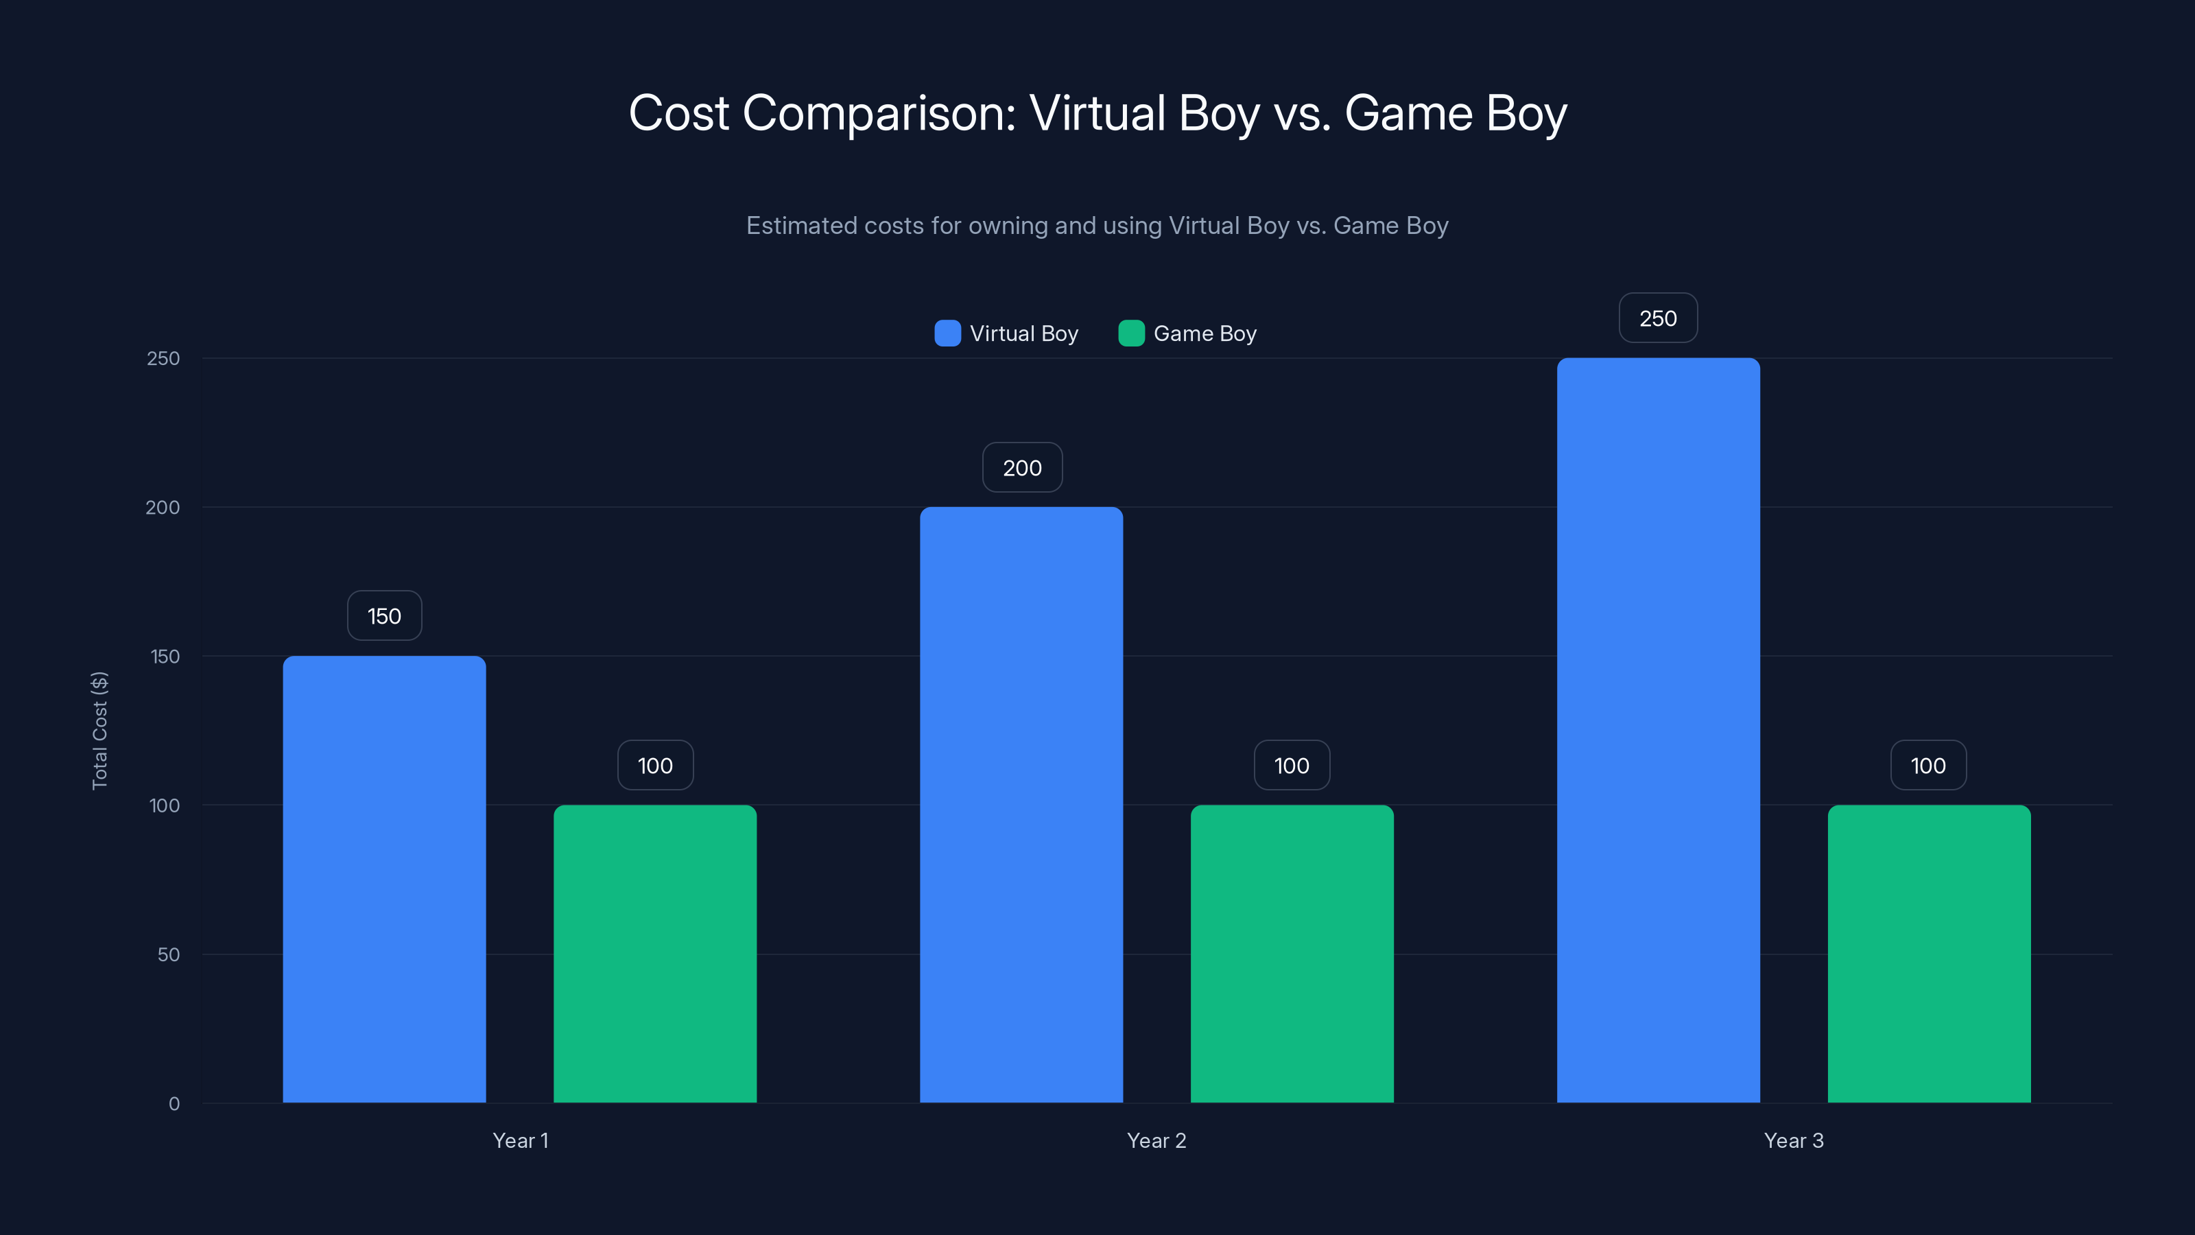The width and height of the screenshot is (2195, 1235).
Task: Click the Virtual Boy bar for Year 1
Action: click(x=384, y=879)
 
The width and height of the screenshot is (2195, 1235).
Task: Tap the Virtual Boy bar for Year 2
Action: click(x=1021, y=805)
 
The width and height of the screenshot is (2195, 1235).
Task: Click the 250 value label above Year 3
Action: click(x=1657, y=318)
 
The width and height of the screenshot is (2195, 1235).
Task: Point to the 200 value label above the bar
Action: click(x=1021, y=468)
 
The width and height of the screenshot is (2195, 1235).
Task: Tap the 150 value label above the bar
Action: click(x=384, y=616)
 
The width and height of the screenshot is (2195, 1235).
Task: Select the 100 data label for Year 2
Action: click(x=1292, y=766)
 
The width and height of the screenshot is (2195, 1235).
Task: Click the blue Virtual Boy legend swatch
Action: click(x=947, y=333)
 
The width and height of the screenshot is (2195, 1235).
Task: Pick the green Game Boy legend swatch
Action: click(x=1130, y=333)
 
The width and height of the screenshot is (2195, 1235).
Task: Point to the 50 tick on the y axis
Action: click(x=169, y=954)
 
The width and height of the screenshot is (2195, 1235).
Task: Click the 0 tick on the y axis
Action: click(x=174, y=1104)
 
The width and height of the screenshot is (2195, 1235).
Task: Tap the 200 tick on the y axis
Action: click(x=163, y=507)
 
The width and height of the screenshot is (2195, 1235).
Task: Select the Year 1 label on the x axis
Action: click(x=521, y=1140)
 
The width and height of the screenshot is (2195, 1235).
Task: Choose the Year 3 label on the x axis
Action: click(x=1794, y=1140)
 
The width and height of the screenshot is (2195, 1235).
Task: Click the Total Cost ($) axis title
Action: click(x=99, y=731)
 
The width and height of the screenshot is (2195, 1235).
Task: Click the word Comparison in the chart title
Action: click(x=879, y=113)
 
